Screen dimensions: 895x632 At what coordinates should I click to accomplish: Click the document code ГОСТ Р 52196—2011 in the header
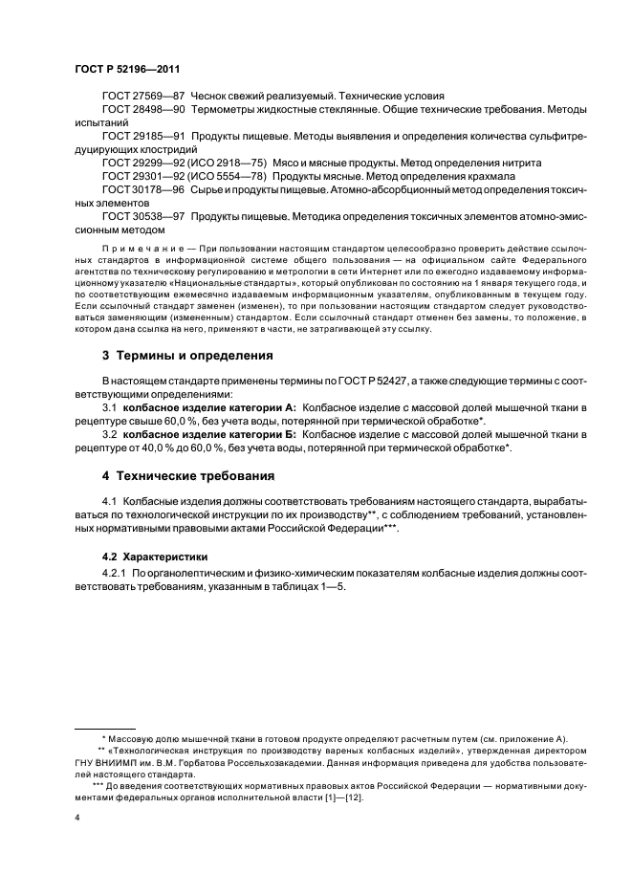127,69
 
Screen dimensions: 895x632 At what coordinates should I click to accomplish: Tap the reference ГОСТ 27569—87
143,97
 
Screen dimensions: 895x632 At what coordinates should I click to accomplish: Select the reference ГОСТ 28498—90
143,110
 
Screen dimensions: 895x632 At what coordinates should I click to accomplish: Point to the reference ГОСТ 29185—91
143,137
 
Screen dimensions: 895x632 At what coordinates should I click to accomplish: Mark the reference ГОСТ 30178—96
143,190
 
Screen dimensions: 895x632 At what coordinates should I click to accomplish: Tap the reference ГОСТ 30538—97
143,217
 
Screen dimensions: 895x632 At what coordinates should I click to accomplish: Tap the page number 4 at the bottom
77,819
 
